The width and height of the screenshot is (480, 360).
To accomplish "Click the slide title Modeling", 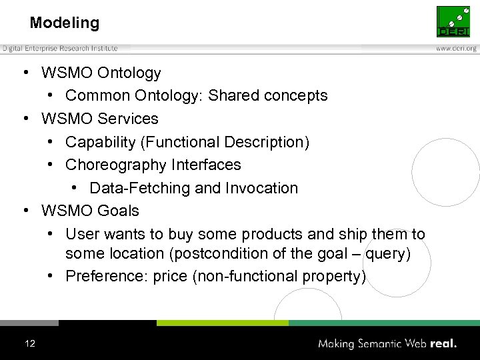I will tap(65, 23).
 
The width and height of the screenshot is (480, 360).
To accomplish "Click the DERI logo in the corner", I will tap(453, 21).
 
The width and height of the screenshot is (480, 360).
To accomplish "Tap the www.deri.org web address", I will tap(456, 48).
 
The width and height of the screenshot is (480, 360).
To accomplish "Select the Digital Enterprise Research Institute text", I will tap(60, 48).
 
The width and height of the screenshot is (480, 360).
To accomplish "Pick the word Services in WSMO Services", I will tap(127, 119).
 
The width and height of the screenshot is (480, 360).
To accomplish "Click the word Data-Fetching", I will tap(139, 188).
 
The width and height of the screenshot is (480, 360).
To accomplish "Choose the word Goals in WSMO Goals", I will tap(118, 211).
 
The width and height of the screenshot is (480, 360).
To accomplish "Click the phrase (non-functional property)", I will tap(279, 277).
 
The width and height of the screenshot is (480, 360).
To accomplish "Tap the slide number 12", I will tap(29, 343).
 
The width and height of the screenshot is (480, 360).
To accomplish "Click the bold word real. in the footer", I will tap(443, 343).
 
